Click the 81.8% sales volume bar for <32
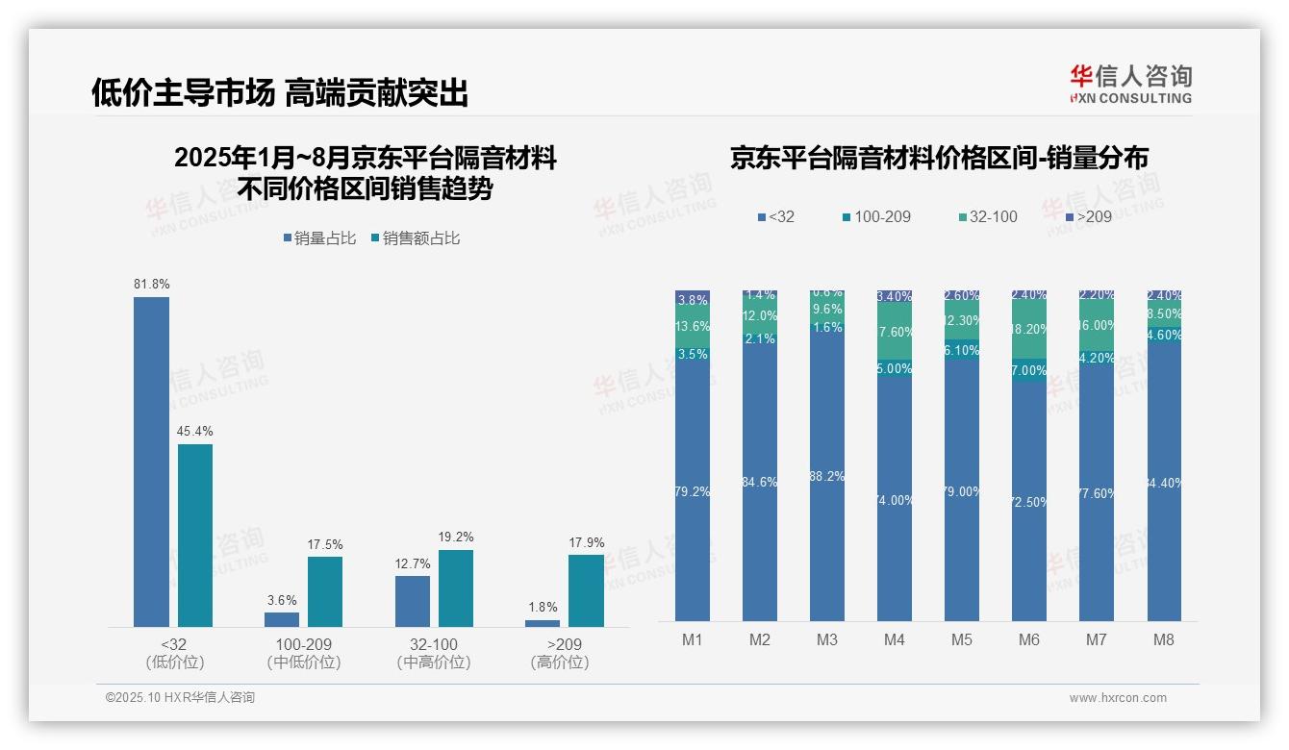coord(151,462)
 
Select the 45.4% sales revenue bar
coord(194,535)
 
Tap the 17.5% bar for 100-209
coord(325,591)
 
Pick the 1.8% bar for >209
coord(543,623)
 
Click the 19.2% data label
coord(456,537)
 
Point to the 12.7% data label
coord(413,563)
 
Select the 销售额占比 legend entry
coord(416,238)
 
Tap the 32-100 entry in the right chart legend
coord(987,217)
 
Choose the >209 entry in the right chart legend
coord(1088,217)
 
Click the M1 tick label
coord(693,639)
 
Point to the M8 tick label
coord(1163,639)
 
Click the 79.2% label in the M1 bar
coord(693,492)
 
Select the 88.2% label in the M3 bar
coord(827,477)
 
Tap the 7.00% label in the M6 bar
coord(1028,371)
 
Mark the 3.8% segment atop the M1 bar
coord(693,299)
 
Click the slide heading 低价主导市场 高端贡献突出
coord(280,93)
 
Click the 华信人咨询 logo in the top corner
coord(1130,84)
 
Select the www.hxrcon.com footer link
coord(1118,698)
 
